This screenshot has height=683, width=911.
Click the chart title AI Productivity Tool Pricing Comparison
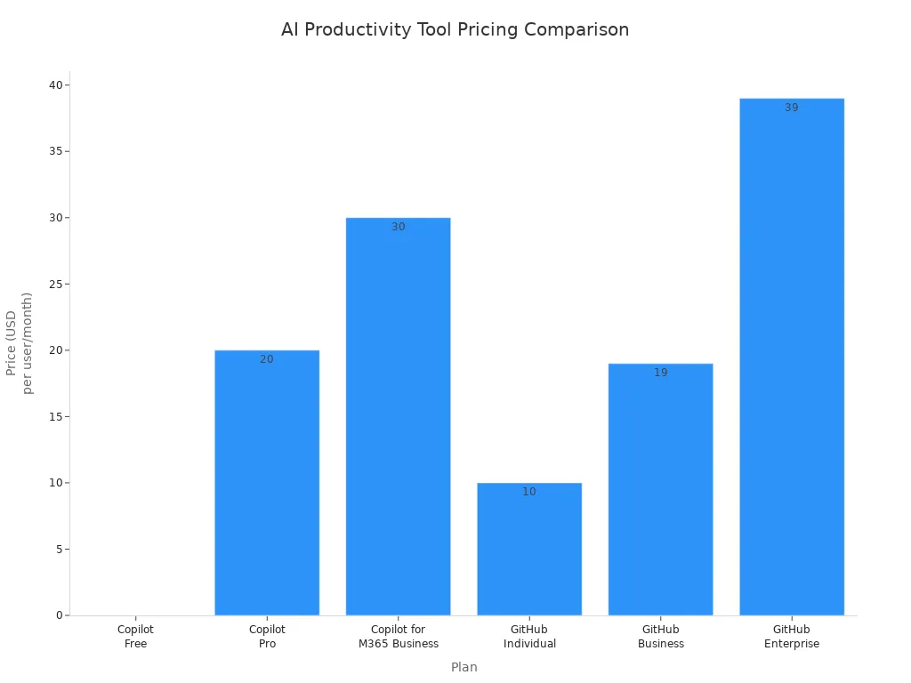(455, 29)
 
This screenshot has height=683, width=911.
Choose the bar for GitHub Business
(660, 489)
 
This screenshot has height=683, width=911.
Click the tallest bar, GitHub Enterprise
(791, 357)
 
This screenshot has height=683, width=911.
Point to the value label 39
(791, 108)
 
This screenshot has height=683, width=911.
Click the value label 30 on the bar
(398, 227)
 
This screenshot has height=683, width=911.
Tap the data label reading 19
(660, 373)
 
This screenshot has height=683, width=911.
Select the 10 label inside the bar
(529, 492)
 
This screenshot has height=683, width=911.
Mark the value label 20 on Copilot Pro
(267, 359)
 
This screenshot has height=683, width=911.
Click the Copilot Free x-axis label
(135, 637)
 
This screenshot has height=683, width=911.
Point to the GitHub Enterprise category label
(791, 637)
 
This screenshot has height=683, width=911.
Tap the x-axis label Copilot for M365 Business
(398, 637)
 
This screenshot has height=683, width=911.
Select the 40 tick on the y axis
(56, 85)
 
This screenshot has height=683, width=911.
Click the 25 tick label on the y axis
(56, 285)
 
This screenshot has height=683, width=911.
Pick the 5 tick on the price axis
(60, 550)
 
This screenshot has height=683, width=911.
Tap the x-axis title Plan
(464, 667)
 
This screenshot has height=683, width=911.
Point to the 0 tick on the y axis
(60, 615)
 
